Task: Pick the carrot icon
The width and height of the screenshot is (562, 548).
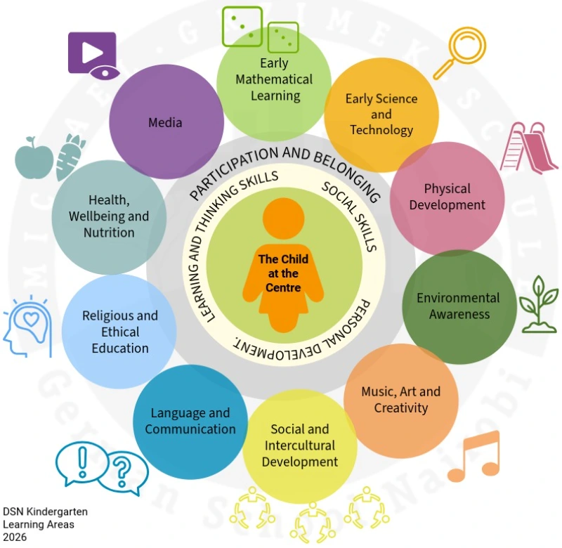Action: click(x=70, y=157)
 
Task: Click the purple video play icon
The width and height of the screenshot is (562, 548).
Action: click(x=92, y=53)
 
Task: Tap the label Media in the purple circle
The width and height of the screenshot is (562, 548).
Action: click(x=165, y=122)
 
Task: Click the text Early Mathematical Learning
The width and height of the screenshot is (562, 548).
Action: click(x=274, y=79)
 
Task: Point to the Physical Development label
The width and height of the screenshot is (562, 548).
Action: click(x=447, y=197)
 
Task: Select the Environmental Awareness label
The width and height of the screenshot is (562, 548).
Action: click(x=459, y=306)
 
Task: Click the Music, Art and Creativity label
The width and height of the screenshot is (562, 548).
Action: click(x=401, y=399)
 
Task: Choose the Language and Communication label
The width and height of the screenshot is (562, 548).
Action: click(x=190, y=421)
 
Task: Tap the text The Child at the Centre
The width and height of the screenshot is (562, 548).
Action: click(x=283, y=273)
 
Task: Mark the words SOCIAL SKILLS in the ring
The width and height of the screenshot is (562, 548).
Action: click(x=350, y=216)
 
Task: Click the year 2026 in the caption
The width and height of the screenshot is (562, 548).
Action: click(x=16, y=537)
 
